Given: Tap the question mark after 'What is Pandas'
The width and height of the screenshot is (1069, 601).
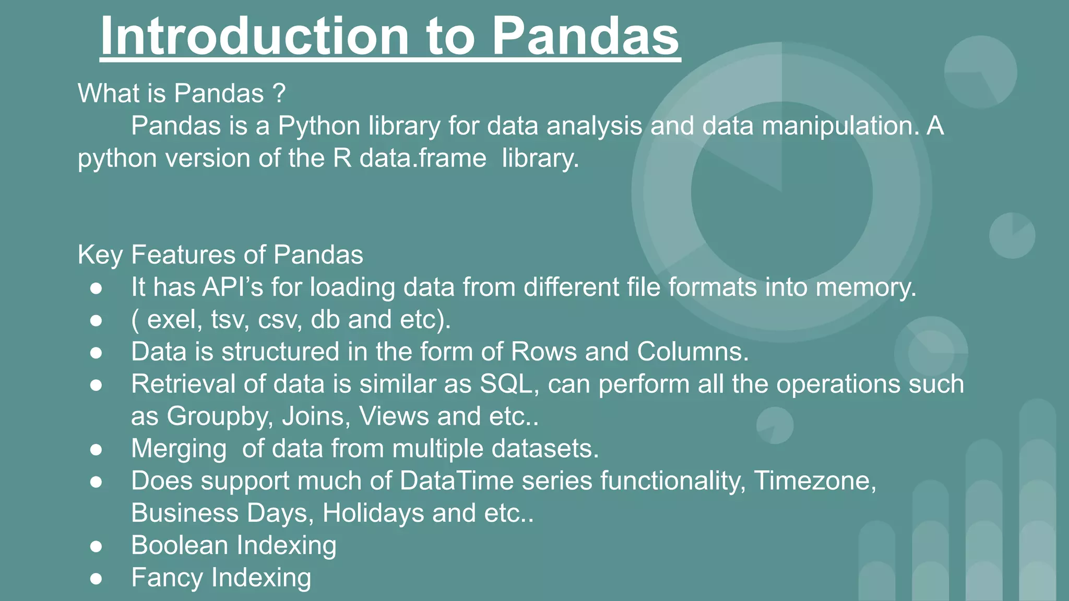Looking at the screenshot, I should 279,94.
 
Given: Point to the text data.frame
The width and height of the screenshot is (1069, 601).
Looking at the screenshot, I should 423,159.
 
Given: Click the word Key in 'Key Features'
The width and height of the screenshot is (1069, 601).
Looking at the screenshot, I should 100,256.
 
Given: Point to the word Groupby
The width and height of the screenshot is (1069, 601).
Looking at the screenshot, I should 219,417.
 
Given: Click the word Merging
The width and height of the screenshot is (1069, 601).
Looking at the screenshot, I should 179,449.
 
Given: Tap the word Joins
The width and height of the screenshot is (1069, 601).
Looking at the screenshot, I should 316,417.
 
